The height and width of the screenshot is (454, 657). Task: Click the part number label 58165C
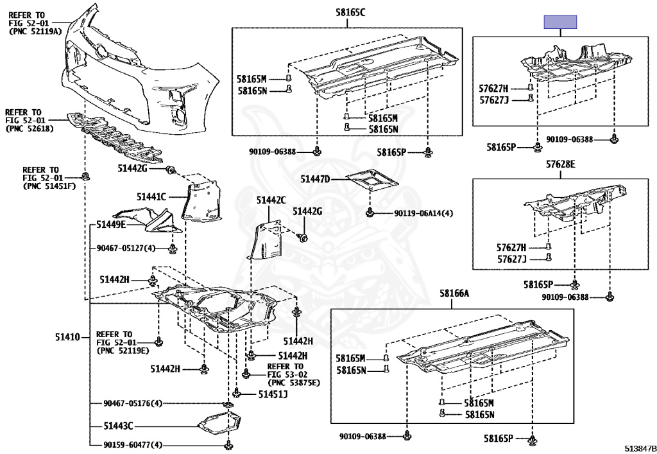pyautogui.click(x=350, y=12)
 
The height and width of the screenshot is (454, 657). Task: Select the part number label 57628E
pyautogui.click(x=560, y=165)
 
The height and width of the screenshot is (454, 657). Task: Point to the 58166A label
pyautogui.click(x=454, y=293)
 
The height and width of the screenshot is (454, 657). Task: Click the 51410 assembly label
pyautogui.click(x=67, y=337)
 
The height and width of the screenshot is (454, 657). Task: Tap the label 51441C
pyautogui.click(x=151, y=196)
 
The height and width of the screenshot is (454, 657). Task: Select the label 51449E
pyautogui.click(x=111, y=225)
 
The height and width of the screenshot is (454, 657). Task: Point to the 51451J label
pyautogui.click(x=273, y=394)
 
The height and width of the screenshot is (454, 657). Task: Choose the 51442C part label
pyautogui.click(x=271, y=200)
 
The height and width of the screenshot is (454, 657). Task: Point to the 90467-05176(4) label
pyautogui.click(x=133, y=403)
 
